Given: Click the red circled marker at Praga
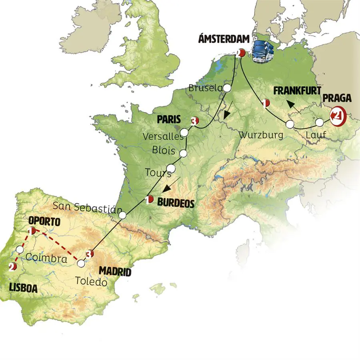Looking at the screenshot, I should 337,116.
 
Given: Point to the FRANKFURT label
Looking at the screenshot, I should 295,91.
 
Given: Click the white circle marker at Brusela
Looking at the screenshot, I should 227,88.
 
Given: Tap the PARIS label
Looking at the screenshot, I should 169,119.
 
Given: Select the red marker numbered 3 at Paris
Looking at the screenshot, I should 195,120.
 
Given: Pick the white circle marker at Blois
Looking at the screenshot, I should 184,153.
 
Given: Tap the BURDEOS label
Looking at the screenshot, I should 176,203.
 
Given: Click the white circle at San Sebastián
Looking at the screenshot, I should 122,215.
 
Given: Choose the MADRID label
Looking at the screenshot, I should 115,272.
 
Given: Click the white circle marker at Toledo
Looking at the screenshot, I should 81,264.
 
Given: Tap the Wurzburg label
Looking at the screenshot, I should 261,135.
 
